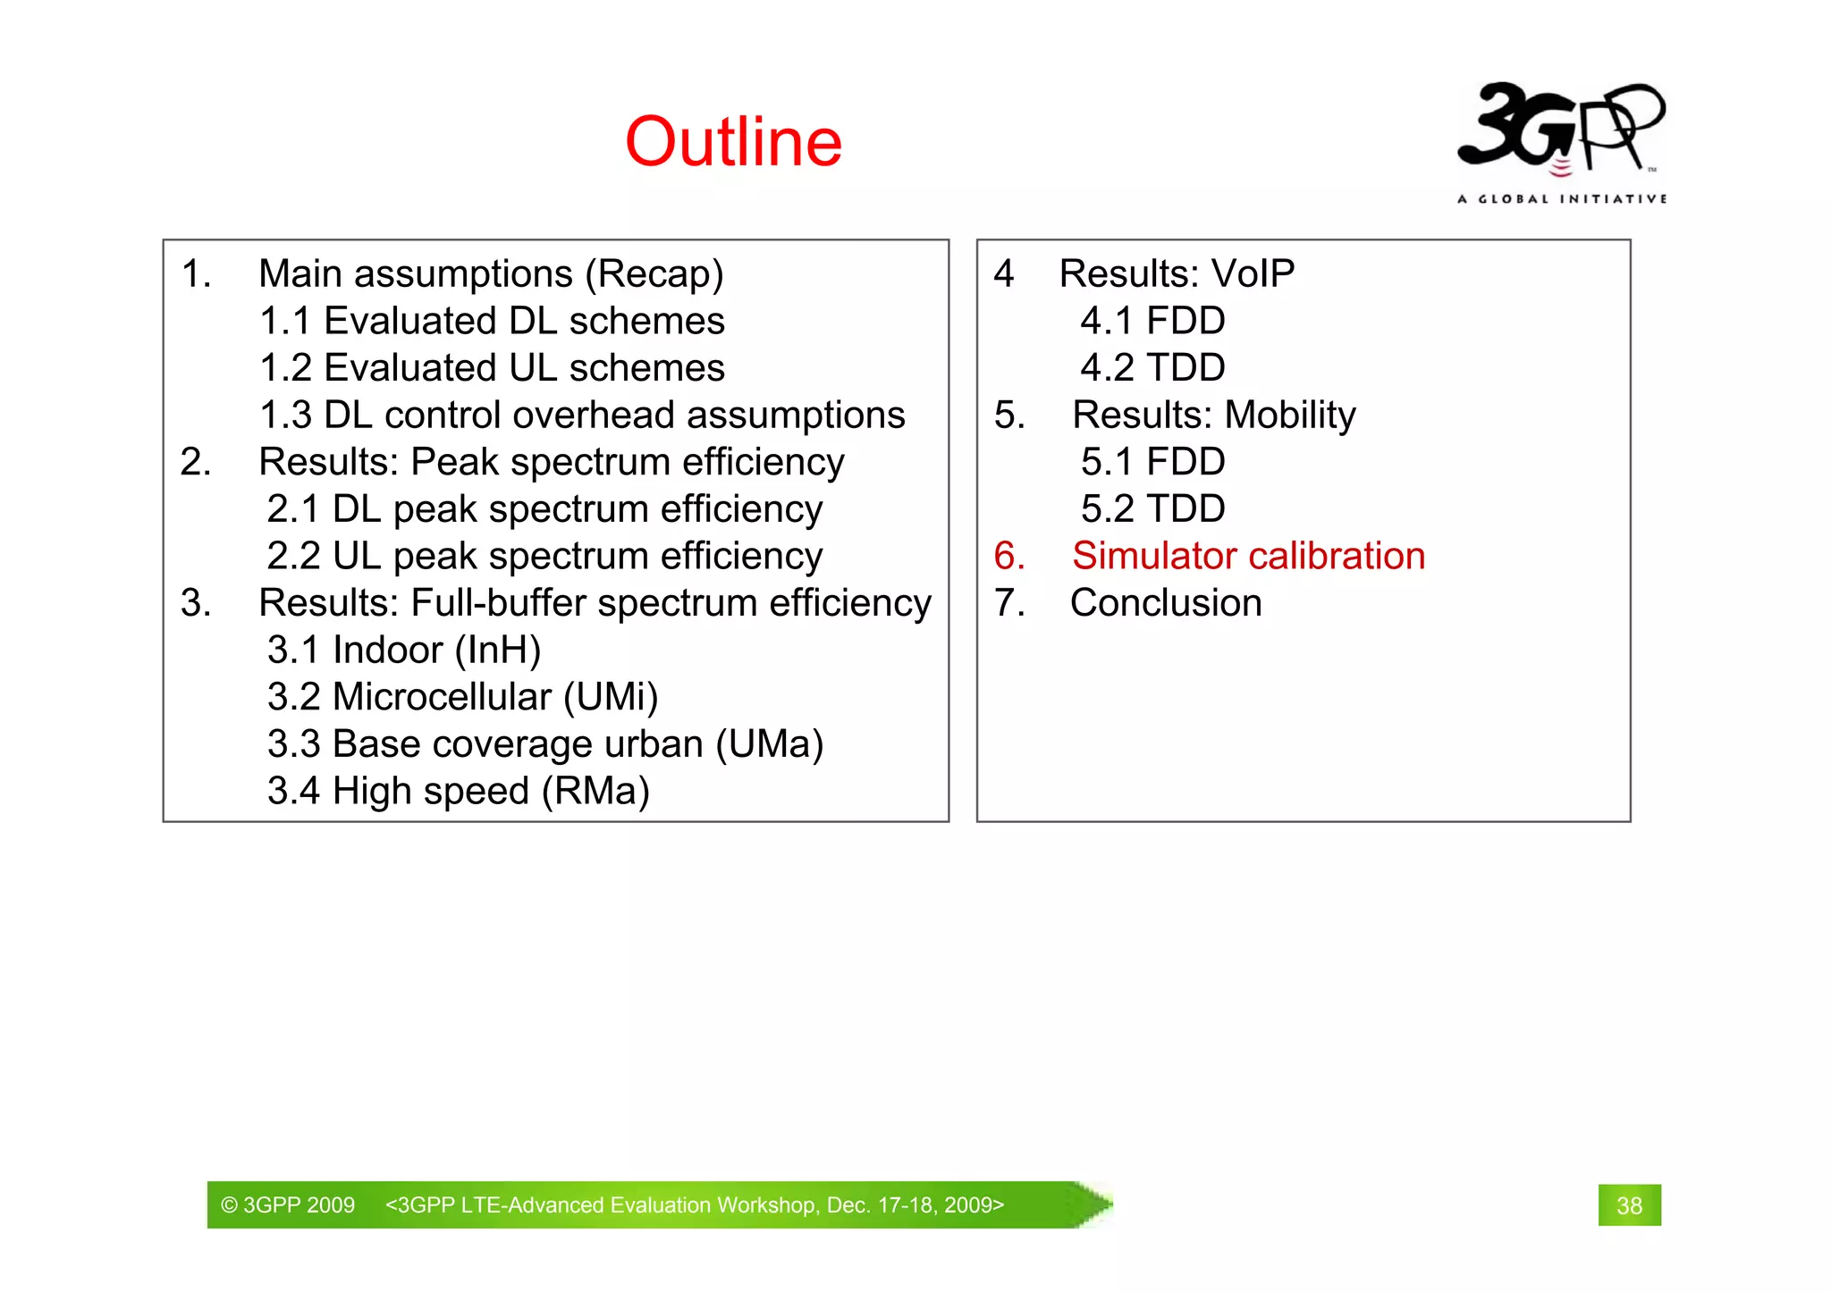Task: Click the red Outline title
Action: (x=733, y=142)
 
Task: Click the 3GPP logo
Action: (x=1560, y=130)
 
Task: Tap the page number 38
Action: (x=1629, y=1205)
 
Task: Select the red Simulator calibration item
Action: (x=1248, y=556)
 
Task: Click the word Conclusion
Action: (x=1166, y=603)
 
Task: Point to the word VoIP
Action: (x=1252, y=273)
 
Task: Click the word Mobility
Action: (x=1290, y=415)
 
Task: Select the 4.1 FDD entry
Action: (x=1152, y=321)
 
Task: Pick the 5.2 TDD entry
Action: (x=1152, y=509)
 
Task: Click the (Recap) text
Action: (x=654, y=273)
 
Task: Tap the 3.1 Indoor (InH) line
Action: (x=404, y=651)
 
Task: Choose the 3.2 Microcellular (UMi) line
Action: (x=462, y=697)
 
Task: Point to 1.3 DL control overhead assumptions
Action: (x=582, y=415)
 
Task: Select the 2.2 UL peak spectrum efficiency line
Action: (x=544, y=556)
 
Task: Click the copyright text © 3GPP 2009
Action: (x=288, y=1205)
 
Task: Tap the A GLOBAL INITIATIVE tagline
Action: (x=1561, y=198)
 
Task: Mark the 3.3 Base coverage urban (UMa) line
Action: (x=544, y=744)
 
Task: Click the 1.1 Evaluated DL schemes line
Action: (x=492, y=321)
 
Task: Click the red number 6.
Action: (x=1008, y=556)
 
